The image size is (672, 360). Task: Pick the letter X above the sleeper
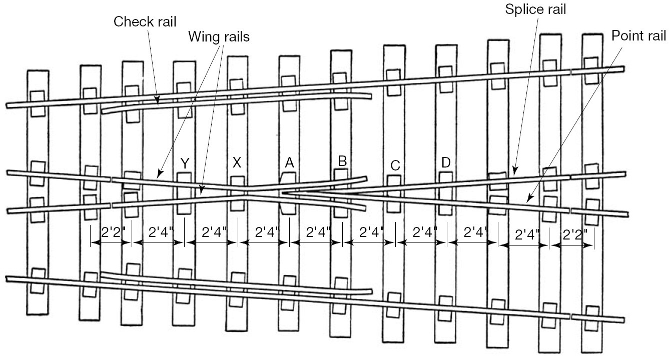pos(237,163)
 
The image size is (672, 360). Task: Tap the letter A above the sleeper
pos(289,162)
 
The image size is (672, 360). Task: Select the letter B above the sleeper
pos(342,161)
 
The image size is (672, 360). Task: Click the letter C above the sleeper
pos(395,166)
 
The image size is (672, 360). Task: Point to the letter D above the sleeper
pos(446,162)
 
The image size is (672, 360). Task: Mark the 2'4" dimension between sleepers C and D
pos(424,232)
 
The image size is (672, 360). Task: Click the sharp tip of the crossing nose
pos(283,192)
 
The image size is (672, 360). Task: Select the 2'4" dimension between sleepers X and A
pos(266,232)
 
